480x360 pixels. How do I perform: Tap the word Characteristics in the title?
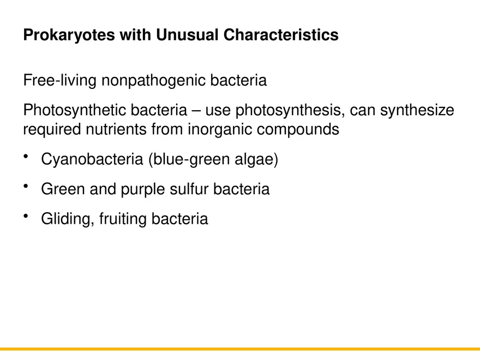click(x=280, y=35)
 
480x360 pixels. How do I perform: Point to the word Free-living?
click(x=60, y=81)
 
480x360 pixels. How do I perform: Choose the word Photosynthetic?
click(x=74, y=111)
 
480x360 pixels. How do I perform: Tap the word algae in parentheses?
click(x=256, y=160)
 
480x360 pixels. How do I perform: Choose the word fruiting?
click(x=123, y=219)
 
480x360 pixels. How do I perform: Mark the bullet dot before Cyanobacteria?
click(x=26, y=157)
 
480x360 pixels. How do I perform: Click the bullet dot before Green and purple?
click(x=26, y=187)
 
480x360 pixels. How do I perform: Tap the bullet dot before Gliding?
click(x=26, y=216)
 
